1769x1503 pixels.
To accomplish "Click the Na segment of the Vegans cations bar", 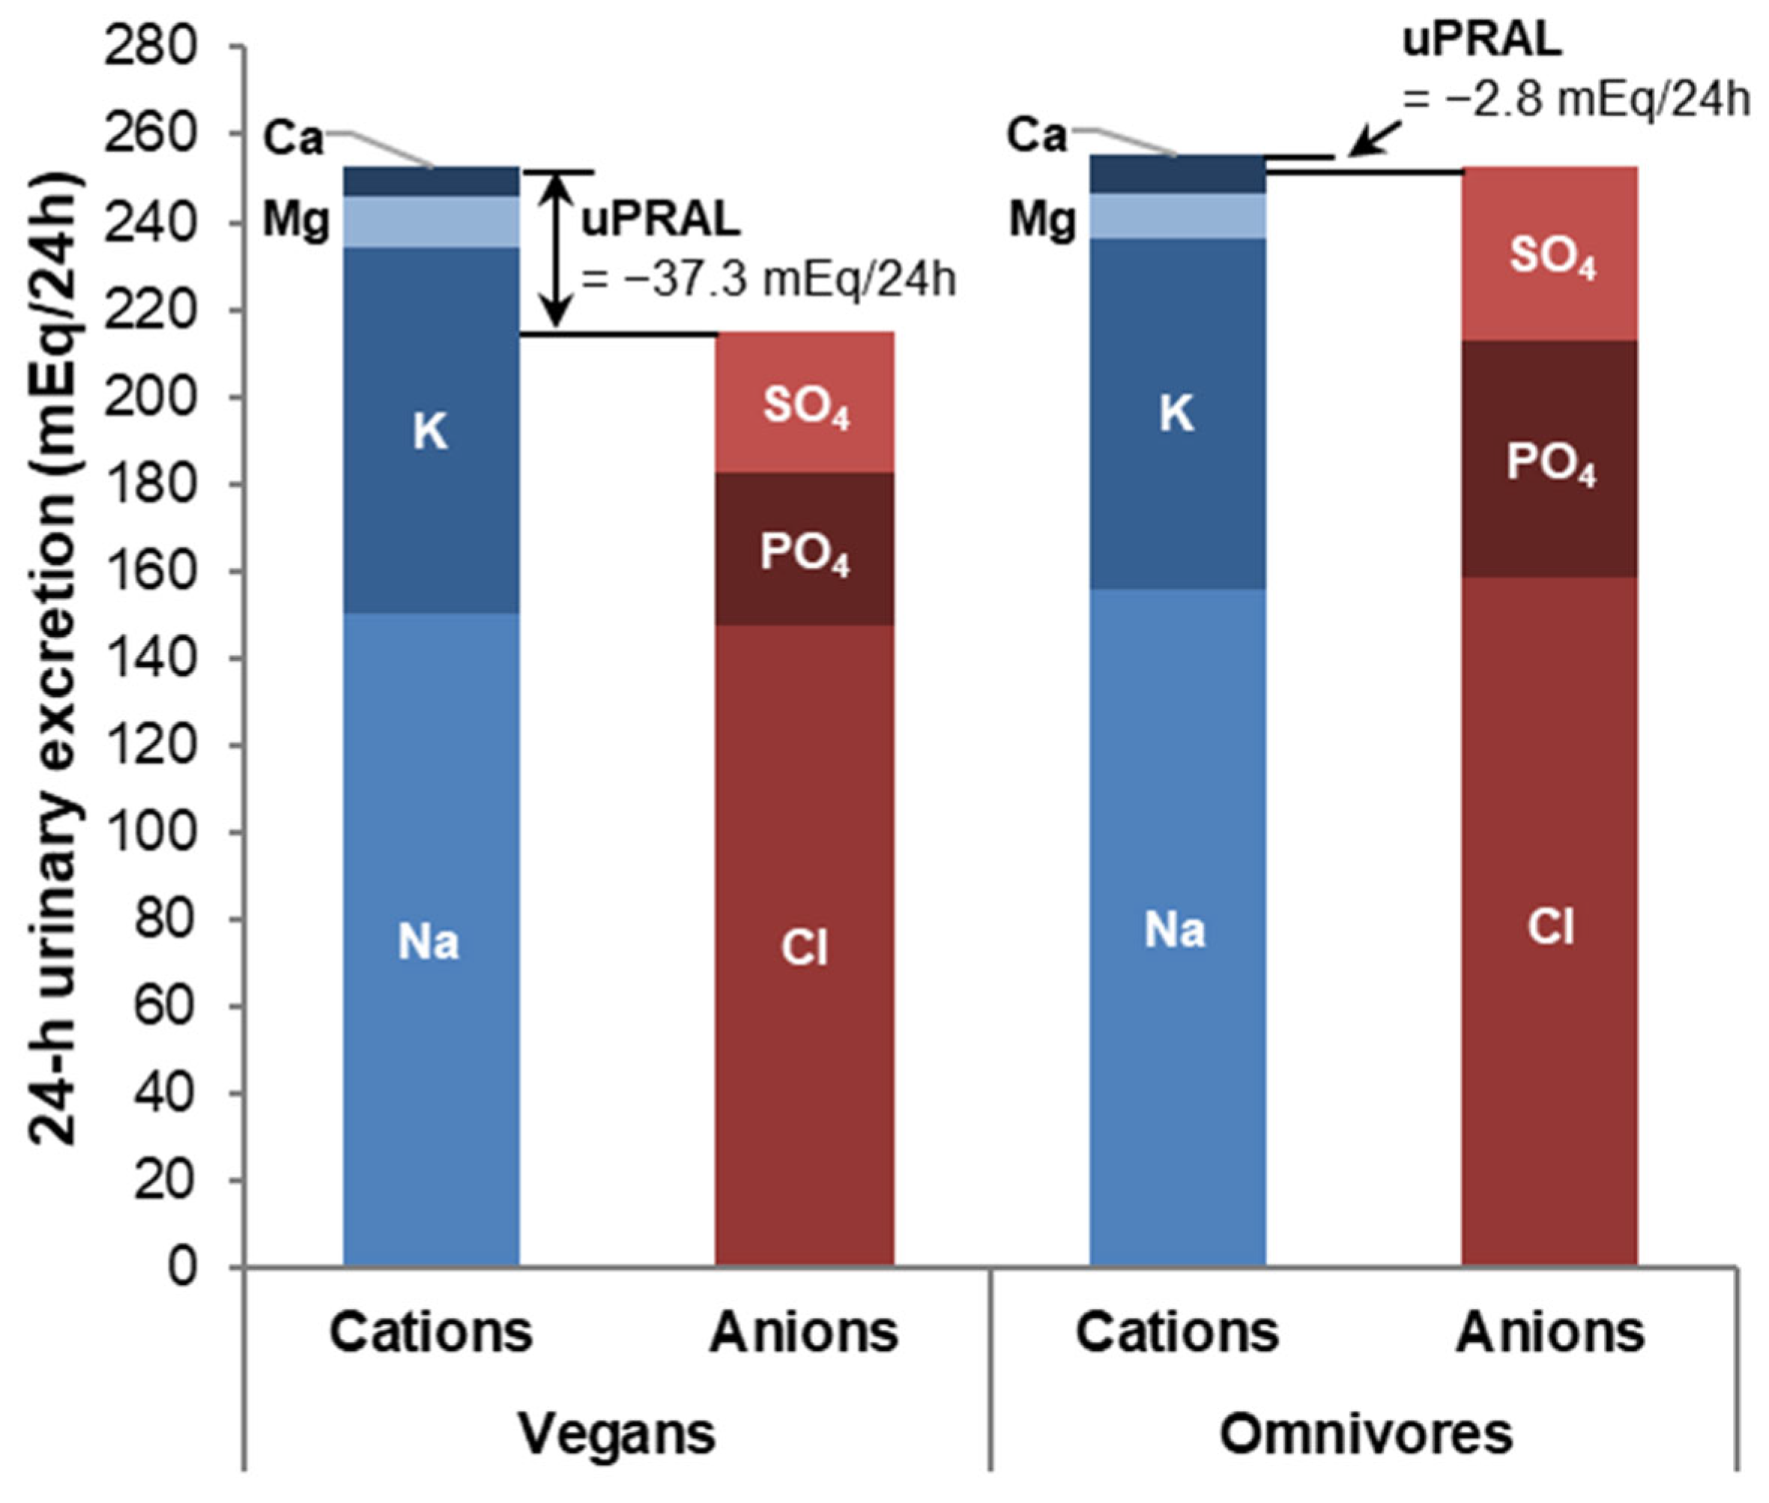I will [x=431, y=937].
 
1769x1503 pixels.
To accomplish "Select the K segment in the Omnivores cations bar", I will [x=1177, y=414].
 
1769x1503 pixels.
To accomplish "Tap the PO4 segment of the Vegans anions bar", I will [x=805, y=549].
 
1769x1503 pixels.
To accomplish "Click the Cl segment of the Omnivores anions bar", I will [x=1550, y=925].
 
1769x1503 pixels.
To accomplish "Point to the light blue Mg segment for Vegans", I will [x=431, y=222].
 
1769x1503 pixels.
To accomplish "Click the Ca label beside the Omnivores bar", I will [x=1036, y=135].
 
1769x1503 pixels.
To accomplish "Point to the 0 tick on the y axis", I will [x=180, y=1268].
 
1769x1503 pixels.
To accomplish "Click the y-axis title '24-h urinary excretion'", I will [x=55, y=656].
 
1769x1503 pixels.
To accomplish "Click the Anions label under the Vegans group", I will [x=803, y=1331].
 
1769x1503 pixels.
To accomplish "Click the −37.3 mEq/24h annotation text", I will [x=767, y=279].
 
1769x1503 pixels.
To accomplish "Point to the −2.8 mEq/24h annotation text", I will [x=1576, y=99].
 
